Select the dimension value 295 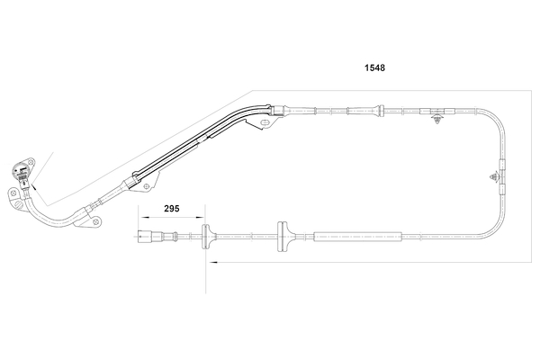(172, 208)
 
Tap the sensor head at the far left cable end (21, 170)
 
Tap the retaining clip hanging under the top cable (437, 118)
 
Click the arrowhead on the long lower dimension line (211, 263)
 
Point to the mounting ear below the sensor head (15, 198)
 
